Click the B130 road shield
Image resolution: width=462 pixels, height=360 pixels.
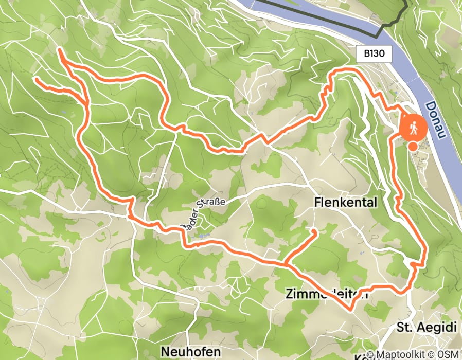[375, 52]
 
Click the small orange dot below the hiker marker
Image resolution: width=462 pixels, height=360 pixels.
[413, 147]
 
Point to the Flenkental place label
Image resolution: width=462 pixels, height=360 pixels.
[345, 203]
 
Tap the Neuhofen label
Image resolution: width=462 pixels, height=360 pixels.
[191, 352]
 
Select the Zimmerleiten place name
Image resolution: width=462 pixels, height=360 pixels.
[326, 294]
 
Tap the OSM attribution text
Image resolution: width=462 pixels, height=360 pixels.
[449, 354]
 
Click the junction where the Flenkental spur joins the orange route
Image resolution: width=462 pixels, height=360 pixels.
[286, 264]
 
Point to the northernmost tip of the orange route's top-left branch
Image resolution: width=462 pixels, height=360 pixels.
[60, 49]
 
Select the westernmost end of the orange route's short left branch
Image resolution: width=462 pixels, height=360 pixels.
[36, 79]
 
